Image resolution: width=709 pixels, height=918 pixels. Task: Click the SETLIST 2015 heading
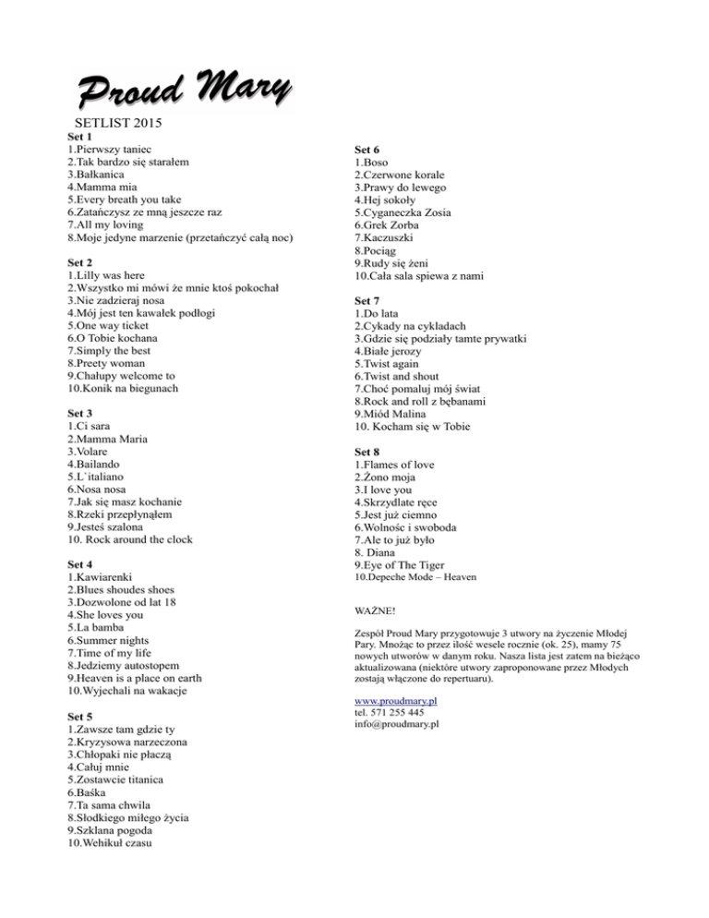116,122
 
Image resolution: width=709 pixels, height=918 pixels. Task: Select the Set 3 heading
79,413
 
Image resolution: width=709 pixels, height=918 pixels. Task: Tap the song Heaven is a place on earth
138,677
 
